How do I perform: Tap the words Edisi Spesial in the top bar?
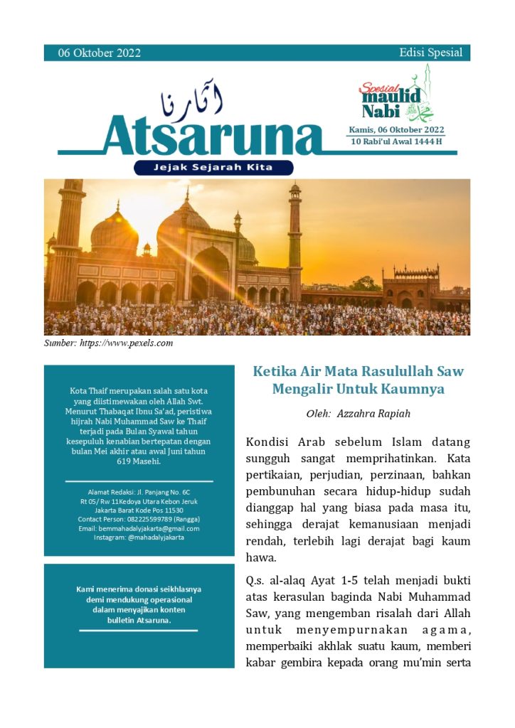click(430, 53)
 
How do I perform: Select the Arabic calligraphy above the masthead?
click(192, 102)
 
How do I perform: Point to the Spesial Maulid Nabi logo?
click(395, 96)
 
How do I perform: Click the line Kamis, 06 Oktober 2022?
click(396, 129)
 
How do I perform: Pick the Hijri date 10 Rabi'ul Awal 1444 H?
click(396, 141)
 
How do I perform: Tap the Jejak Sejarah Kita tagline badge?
click(213, 168)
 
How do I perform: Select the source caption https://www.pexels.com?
click(128, 343)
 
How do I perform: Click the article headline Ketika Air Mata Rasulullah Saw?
click(358, 371)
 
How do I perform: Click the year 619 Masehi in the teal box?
click(139, 461)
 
